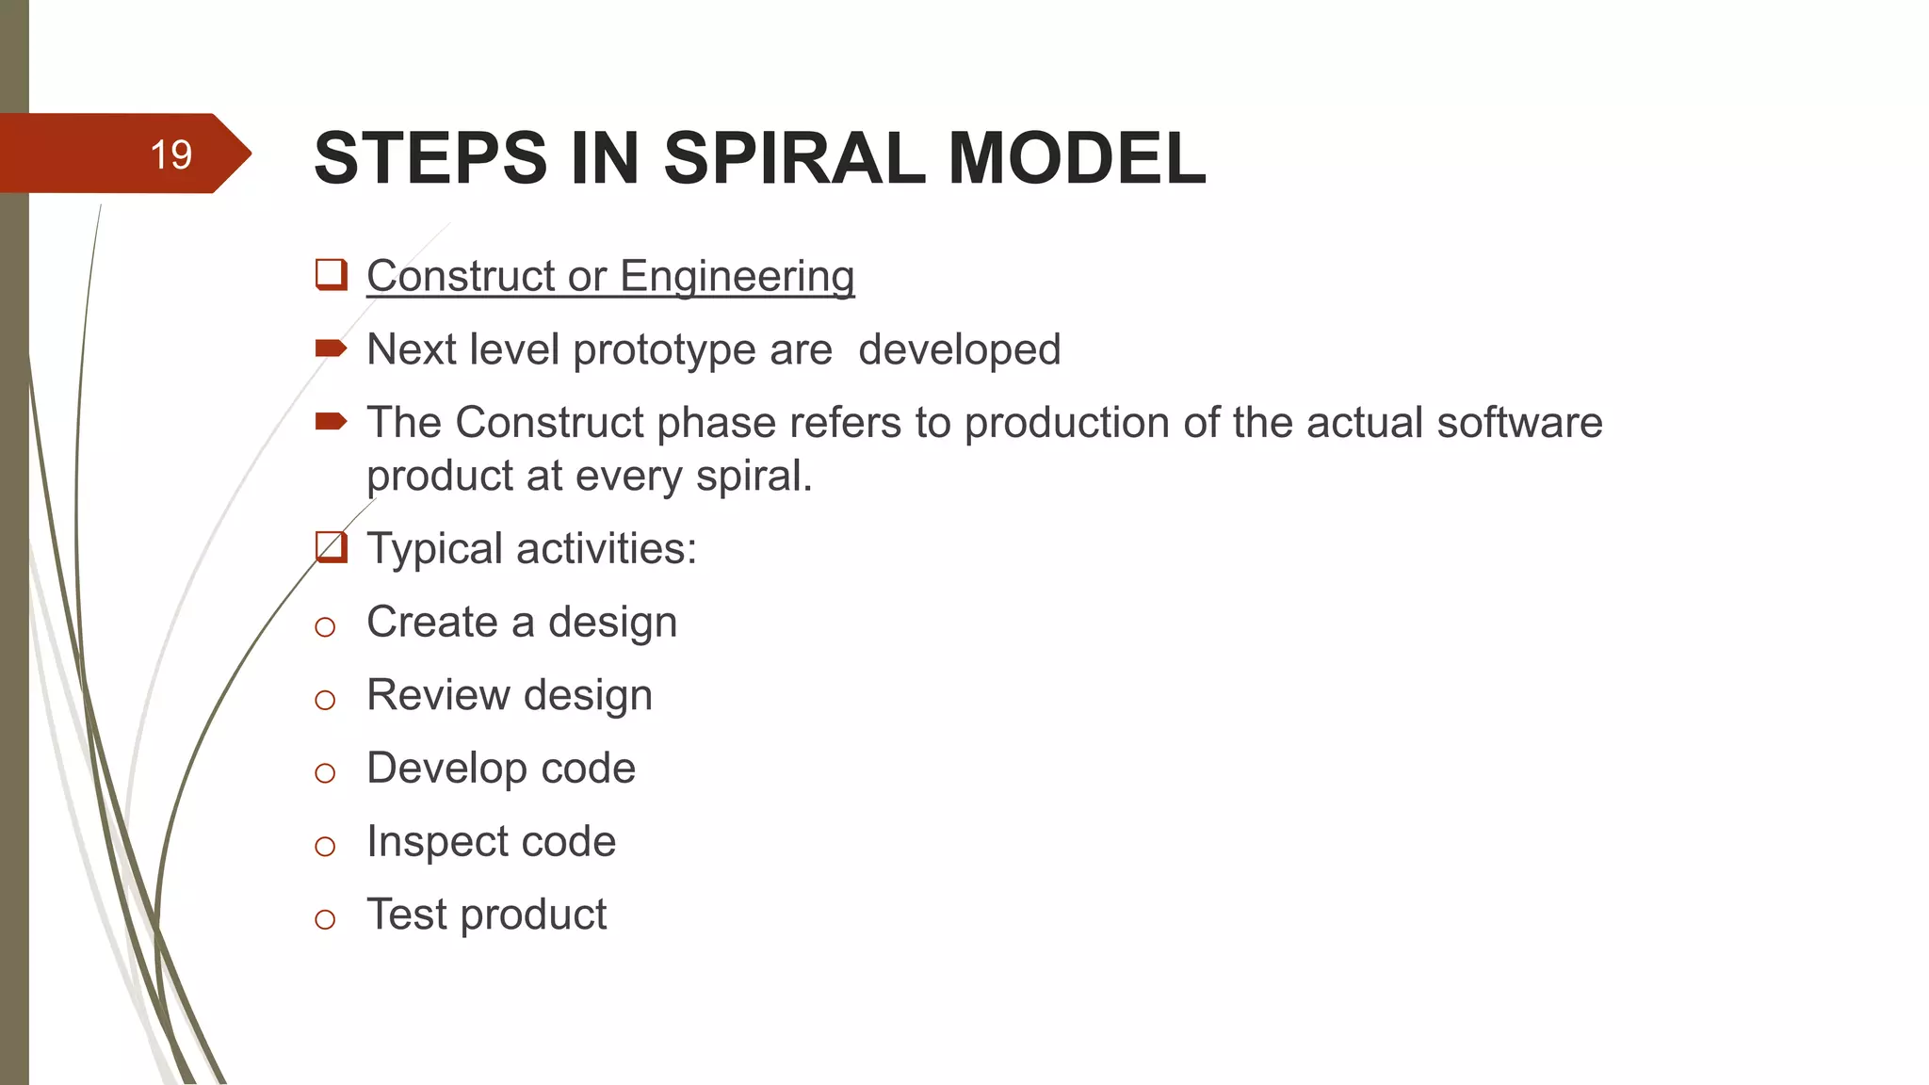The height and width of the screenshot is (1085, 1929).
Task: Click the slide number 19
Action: (x=170, y=154)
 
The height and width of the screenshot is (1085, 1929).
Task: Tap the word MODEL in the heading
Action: (x=1077, y=157)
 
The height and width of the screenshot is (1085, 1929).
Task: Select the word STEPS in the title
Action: (x=430, y=157)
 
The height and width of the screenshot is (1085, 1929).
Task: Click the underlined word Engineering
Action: (x=737, y=276)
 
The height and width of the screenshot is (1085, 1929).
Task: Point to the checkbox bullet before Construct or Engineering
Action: (x=331, y=275)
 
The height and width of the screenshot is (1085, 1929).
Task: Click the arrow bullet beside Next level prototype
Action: (x=331, y=349)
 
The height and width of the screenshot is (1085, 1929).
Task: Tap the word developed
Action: (x=959, y=350)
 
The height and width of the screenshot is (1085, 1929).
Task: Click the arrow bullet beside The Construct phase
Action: (x=331, y=421)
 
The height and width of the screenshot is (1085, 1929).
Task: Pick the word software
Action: (x=1519, y=422)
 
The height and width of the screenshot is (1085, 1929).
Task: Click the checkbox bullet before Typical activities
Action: (x=331, y=547)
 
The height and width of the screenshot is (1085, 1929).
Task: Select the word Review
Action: (x=439, y=695)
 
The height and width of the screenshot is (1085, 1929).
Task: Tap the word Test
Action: (x=407, y=915)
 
